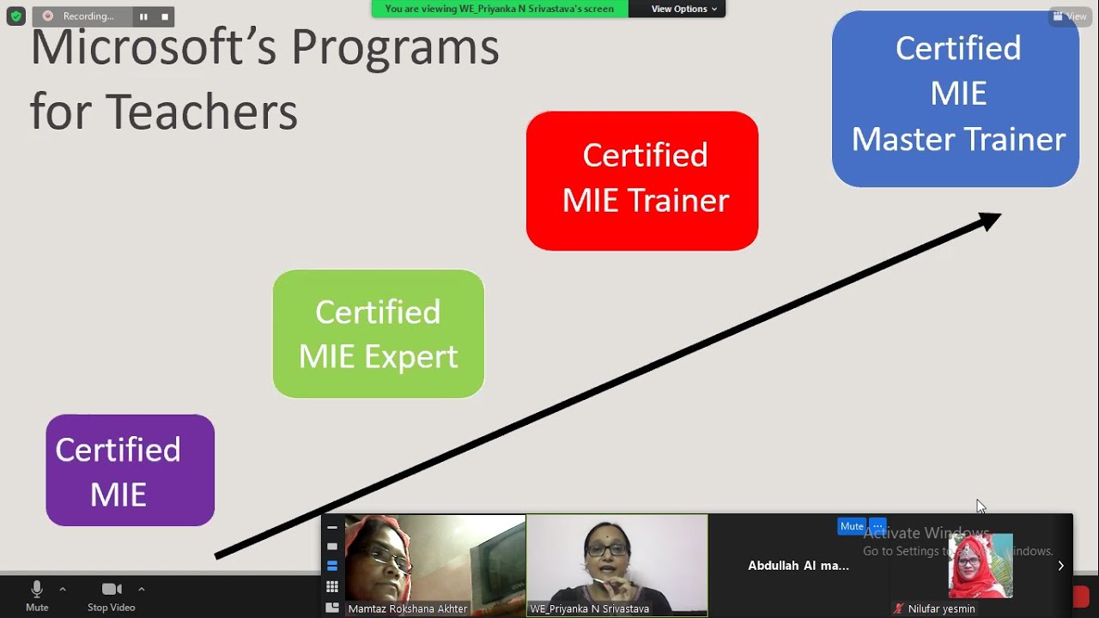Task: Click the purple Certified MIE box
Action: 130,470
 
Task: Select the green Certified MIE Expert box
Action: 378,334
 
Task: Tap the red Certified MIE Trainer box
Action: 641,180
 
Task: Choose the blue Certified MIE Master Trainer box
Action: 955,99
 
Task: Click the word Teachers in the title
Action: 202,112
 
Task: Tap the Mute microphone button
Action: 37,595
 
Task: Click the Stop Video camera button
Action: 112,595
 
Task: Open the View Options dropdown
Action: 683,9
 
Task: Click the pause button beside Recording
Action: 143,16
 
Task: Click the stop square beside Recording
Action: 165,16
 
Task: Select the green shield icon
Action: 15,16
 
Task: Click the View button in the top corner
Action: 1070,16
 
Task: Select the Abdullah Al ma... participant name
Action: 798,566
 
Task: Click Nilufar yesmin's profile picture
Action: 980,566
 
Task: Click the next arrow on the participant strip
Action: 1060,566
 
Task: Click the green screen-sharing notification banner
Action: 500,9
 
